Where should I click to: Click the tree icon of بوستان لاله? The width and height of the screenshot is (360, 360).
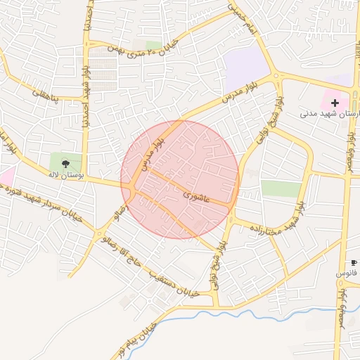(x=65, y=164)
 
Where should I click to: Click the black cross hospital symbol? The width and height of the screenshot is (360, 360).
(x=334, y=103)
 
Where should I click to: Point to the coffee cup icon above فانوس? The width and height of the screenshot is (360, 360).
(x=354, y=263)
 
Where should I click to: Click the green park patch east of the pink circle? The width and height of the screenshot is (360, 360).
(x=281, y=188)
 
